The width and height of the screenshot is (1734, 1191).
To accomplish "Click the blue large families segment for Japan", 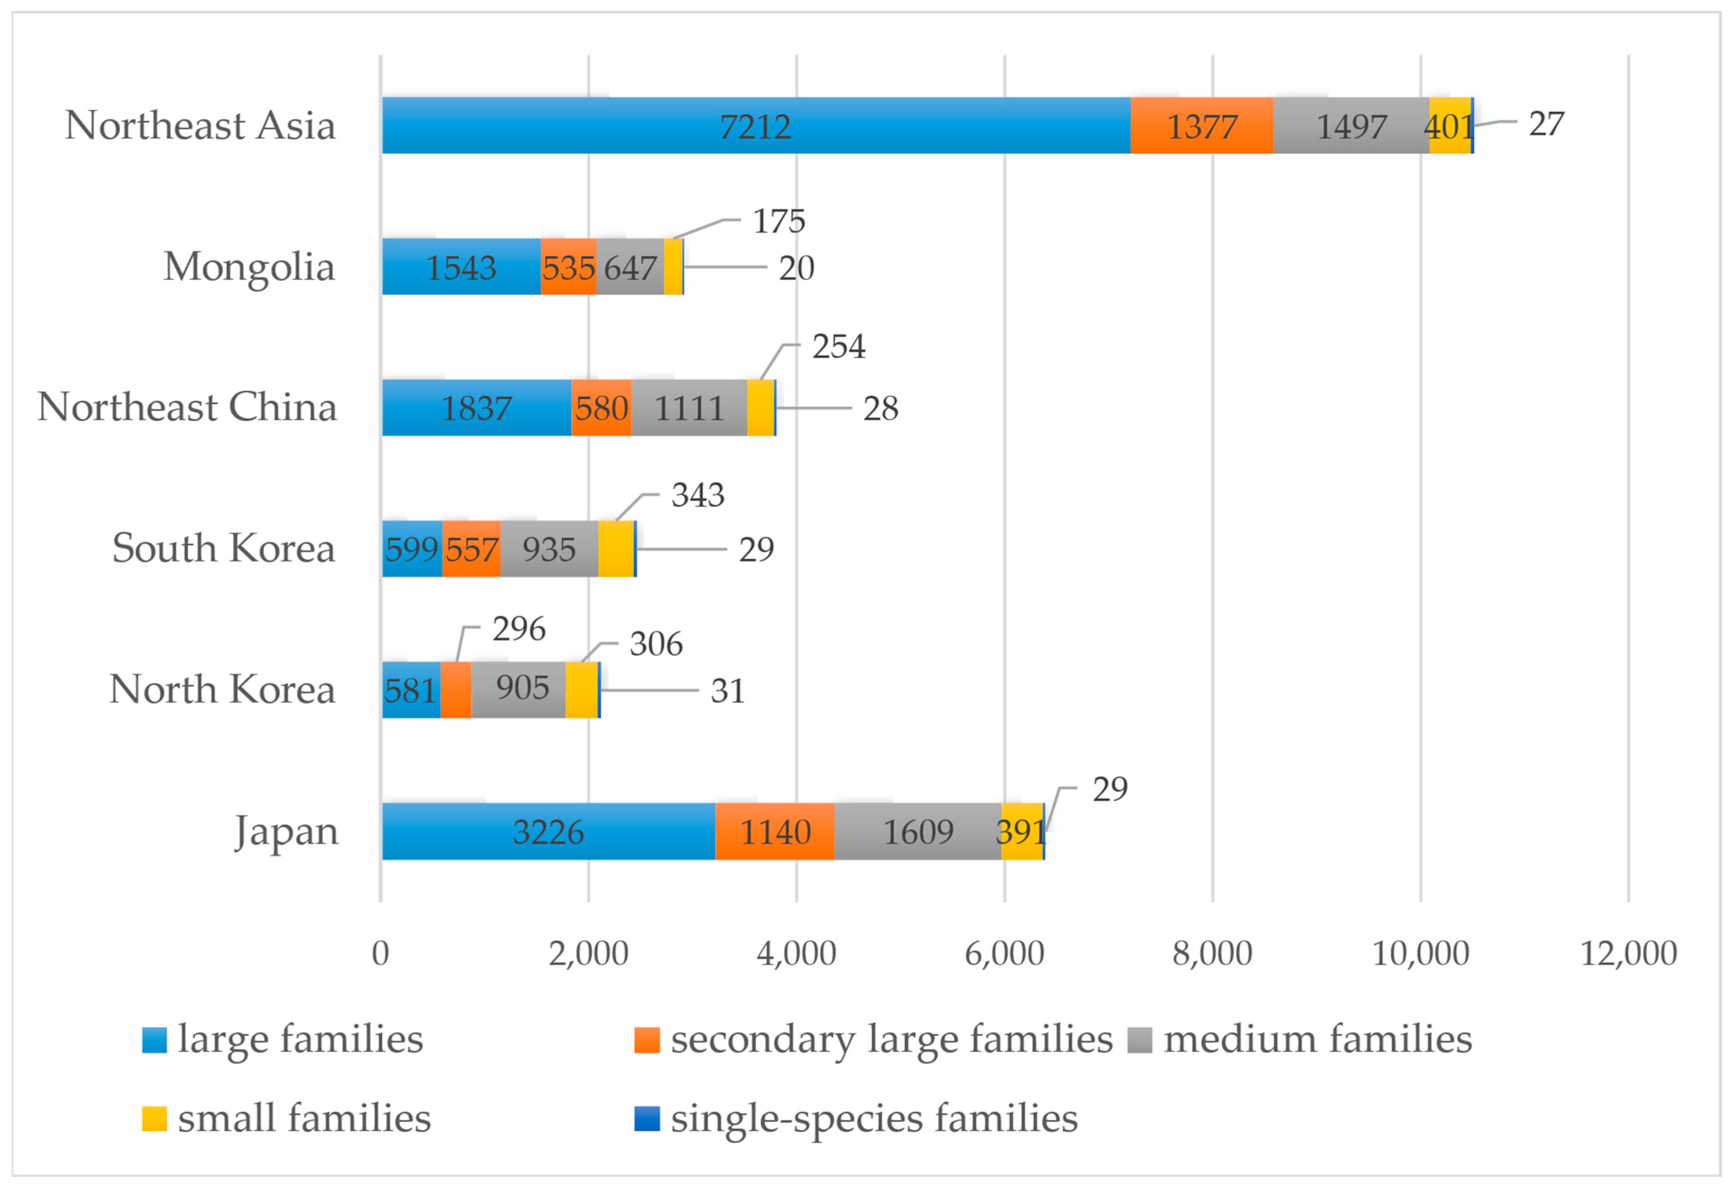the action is coord(548,831).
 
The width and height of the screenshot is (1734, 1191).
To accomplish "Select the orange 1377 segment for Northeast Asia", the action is coord(1202,125).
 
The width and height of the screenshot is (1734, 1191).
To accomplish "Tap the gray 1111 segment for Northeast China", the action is coord(689,407).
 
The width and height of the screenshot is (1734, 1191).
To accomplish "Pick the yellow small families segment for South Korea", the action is coord(616,549).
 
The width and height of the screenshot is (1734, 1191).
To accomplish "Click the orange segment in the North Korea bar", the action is coord(456,690).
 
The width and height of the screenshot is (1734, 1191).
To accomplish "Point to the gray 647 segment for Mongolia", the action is coord(630,266).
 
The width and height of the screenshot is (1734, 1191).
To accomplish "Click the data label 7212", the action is coord(755,126).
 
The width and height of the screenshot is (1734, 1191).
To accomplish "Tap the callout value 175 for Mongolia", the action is coord(779,221).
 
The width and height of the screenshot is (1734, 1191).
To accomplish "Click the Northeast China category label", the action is coord(187,407).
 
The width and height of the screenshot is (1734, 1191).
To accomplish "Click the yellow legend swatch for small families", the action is coord(154,1119).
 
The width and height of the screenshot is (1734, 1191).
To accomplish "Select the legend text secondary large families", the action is coord(892,1040).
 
